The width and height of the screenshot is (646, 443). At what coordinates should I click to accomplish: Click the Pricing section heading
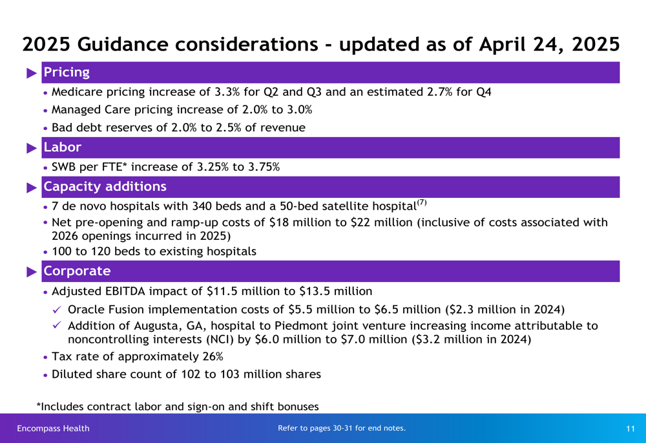click(x=67, y=72)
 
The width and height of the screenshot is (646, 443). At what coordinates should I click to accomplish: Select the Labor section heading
click(x=63, y=147)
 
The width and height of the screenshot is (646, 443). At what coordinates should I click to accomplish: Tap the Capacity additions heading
click(x=105, y=186)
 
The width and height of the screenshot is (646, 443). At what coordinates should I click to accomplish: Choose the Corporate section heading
click(x=77, y=271)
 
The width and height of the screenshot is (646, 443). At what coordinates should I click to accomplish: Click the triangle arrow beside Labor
click(x=32, y=148)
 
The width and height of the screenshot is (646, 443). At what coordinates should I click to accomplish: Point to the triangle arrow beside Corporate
click(x=32, y=272)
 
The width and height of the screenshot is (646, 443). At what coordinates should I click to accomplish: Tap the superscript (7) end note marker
click(x=421, y=202)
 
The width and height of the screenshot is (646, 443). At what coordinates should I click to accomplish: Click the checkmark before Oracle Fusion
click(x=57, y=309)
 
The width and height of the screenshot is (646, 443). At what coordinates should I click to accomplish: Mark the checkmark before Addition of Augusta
click(x=57, y=325)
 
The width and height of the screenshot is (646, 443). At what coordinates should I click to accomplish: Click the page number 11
click(x=630, y=429)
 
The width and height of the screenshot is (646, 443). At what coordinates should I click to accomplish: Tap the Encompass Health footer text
click(x=53, y=429)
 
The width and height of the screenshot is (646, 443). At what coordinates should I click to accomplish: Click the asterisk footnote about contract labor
click(x=178, y=407)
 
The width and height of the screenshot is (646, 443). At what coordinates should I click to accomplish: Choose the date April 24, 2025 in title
click(x=549, y=45)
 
